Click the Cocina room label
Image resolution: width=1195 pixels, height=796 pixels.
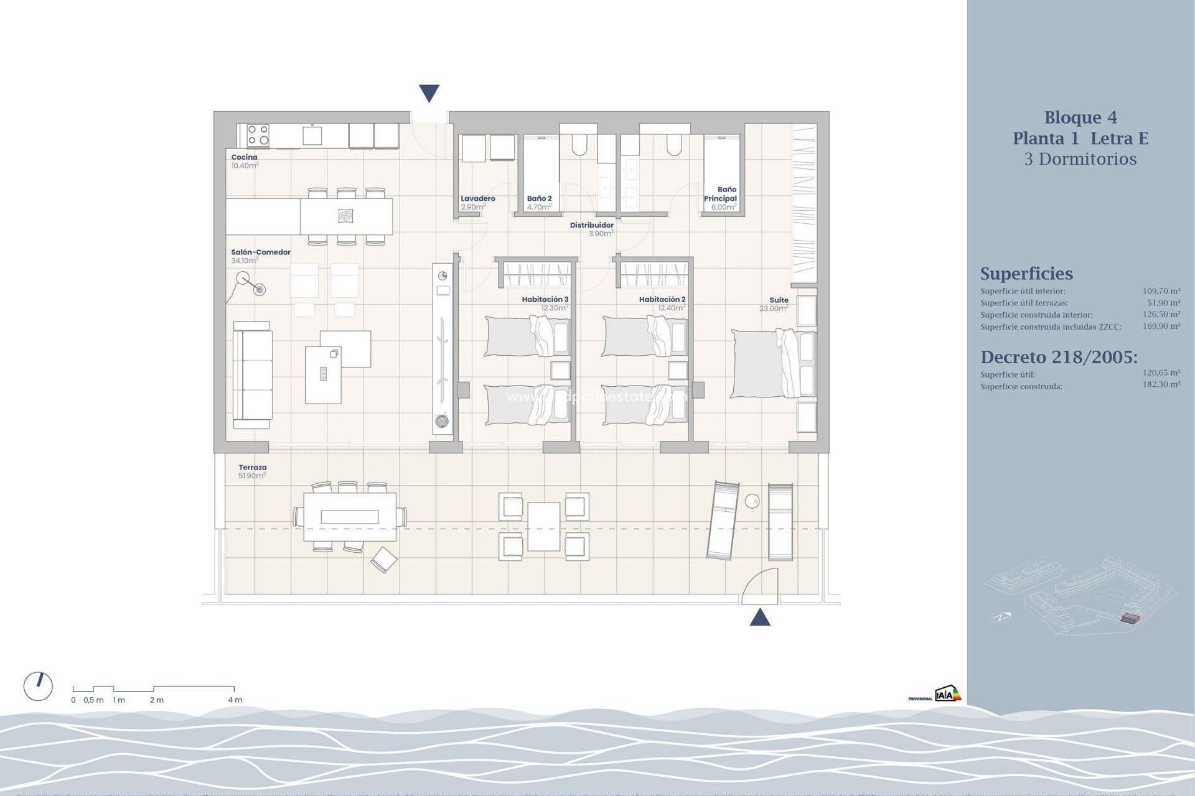coord(244,157)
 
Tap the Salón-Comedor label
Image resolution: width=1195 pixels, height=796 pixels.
coord(260,252)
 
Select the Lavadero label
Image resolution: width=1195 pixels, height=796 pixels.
coord(477,199)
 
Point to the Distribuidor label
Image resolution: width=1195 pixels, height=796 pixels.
coord(591,225)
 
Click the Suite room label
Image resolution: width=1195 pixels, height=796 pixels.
coord(778,300)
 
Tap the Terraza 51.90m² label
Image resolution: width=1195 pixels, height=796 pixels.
coord(252,471)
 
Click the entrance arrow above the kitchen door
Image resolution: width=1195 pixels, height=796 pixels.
coord(429,93)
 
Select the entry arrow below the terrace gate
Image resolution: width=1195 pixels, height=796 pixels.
coord(759,618)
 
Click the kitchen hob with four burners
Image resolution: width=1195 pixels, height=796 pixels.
coord(258,136)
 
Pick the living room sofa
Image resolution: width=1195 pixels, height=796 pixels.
coord(252,375)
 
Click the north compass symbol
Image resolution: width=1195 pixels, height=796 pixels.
coord(38,686)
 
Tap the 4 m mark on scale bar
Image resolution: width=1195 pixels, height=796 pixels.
coord(235,700)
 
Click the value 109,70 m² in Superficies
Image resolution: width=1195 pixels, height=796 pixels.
coord(1161,291)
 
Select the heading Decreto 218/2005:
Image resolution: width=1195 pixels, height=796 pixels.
coord(1058,357)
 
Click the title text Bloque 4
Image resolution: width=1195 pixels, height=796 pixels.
coord(1080,118)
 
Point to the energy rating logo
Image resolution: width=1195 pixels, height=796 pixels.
coord(947,693)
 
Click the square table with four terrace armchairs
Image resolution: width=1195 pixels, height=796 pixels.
coord(543,527)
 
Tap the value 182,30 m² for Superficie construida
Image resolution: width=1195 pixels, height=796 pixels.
coord(1161,385)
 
